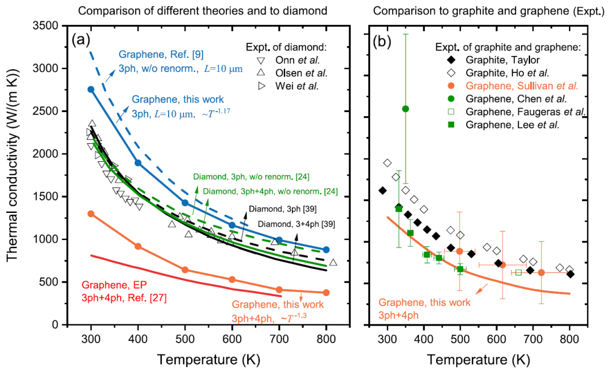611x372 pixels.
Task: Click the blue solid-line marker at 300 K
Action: point(91,89)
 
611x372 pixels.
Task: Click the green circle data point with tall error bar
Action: point(405,109)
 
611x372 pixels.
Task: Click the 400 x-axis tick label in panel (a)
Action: point(137,339)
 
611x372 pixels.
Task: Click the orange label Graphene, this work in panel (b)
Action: point(424,303)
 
